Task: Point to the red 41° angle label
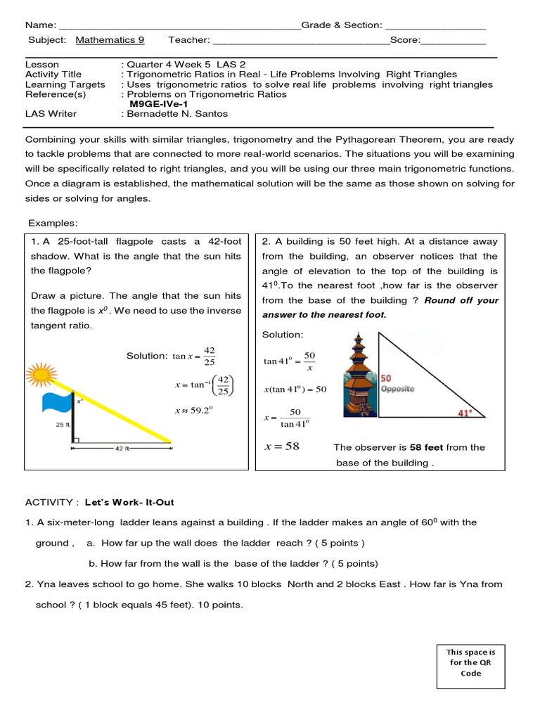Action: (466, 413)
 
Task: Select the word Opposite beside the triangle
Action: (397, 389)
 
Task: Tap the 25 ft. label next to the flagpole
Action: (62, 425)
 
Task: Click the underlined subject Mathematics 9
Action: (110, 40)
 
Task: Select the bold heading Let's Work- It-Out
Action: (129, 503)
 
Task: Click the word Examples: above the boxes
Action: (53, 224)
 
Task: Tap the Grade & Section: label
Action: (342, 25)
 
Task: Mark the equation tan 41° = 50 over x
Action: (290, 361)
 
